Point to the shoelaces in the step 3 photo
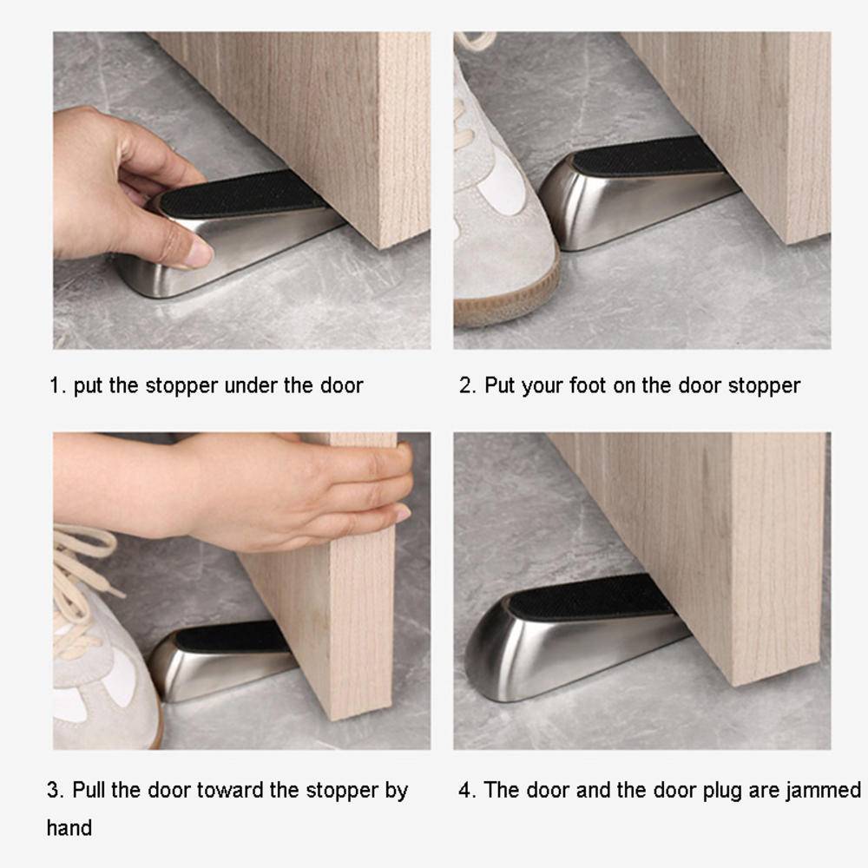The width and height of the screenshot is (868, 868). (83, 575)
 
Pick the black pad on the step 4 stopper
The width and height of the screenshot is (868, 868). (592, 598)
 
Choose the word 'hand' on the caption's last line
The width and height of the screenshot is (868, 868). (69, 828)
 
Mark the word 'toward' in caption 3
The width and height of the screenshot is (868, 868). (230, 790)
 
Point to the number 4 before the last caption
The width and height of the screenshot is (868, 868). (465, 790)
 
